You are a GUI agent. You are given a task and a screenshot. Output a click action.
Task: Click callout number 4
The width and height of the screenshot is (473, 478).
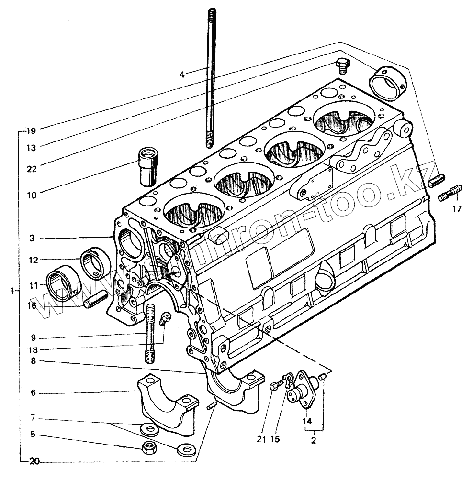tap(182, 74)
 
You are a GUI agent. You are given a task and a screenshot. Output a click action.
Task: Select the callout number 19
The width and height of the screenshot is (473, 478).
tap(32, 131)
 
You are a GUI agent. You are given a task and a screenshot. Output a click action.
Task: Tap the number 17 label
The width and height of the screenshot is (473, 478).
tap(457, 208)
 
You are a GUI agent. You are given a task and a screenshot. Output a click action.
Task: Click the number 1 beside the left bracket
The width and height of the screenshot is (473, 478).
tap(13, 290)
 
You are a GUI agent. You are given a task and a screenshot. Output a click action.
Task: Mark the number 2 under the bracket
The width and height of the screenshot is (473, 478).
tap(314, 440)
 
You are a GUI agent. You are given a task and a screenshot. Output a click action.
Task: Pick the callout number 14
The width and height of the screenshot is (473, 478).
tap(307, 421)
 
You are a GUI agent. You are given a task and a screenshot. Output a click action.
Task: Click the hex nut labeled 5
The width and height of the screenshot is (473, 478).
tap(151, 447)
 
